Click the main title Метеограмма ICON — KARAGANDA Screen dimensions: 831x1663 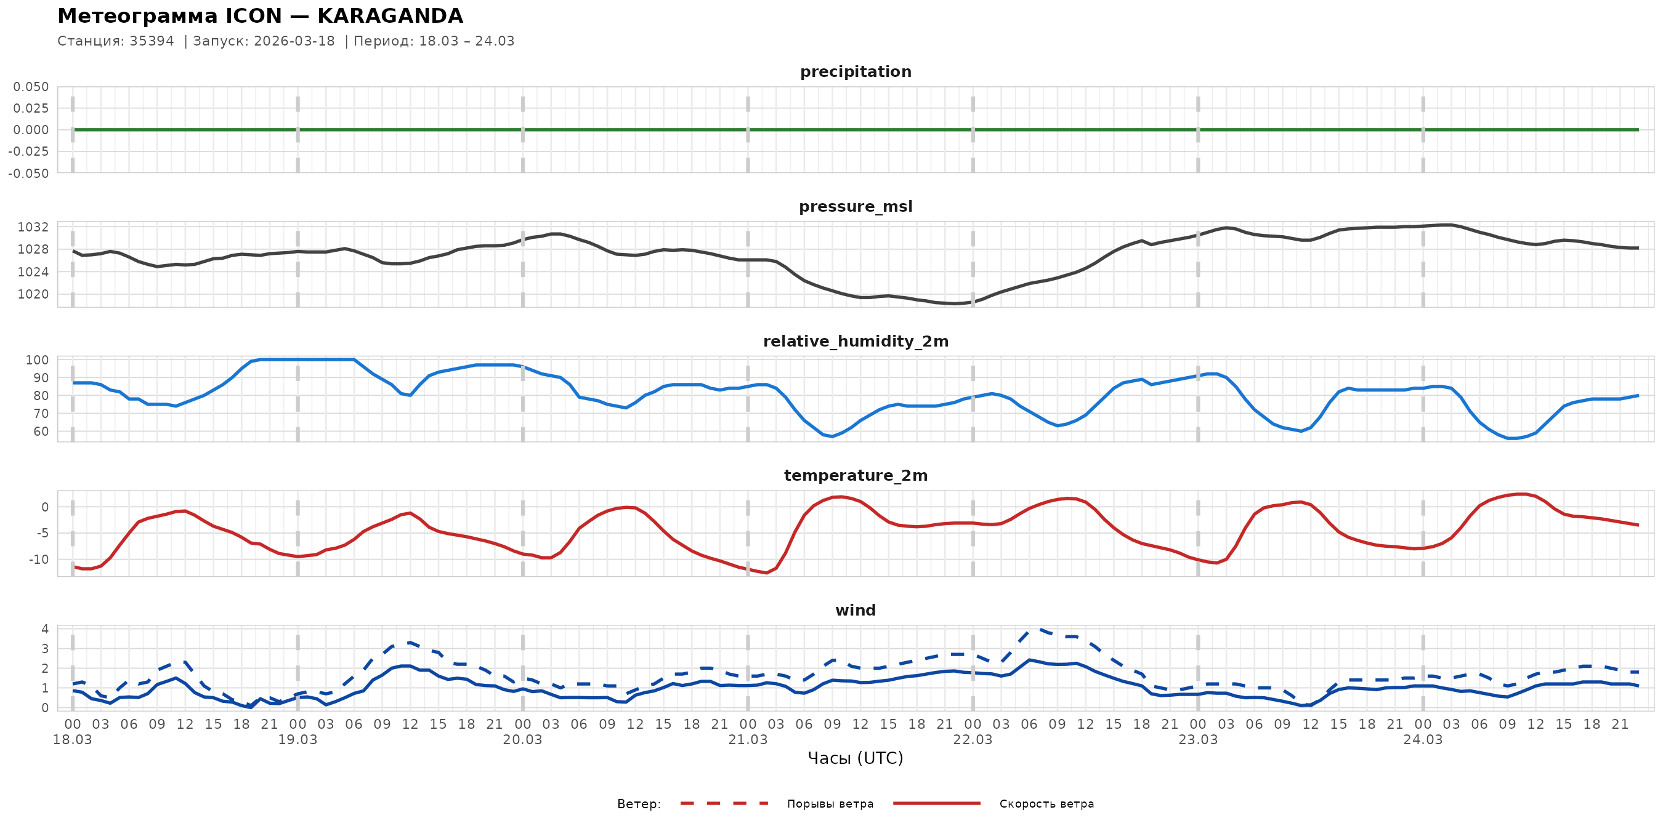pyautogui.click(x=260, y=16)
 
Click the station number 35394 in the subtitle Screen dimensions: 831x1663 pyautogui.click(x=152, y=41)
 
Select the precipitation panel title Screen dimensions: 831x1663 pyautogui.click(x=856, y=71)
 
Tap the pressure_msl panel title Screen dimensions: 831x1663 pyautogui.click(x=856, y=206)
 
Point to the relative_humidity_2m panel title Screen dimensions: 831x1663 pyautogui.click(x=856, y=341)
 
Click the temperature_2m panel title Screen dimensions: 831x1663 pyautogui.click(x=856, y=475)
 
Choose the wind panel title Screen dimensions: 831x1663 pyautogui.click(x=856, y=611)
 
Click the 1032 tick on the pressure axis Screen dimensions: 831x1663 pyautogui.click(x=33, y=227)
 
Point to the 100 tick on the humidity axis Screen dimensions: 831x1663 pyautogui.click(x=37, y=360)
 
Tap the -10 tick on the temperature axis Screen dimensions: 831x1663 pyautogui.click(x=38, y=560)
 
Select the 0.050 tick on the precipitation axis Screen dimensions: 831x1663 pyautogui.click(x=31, y=86)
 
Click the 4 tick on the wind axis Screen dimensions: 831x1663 pyautogui.click(x=44, y=629)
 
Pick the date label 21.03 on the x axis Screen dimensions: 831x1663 pyautogui.click(x=748, y=739)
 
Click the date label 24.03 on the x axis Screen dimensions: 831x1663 pyautogui.click(x=1423, y=739)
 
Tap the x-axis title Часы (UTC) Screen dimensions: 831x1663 pyautogui.click(x=856, y=758)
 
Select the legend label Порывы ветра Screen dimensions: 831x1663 pyautogui.click(x=830, y=804)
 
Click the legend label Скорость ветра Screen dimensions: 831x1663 pyautogui.click(x=1046, y=804)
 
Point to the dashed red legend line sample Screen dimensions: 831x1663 pyautogui.click(x=724, y=804)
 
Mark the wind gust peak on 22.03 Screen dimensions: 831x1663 pyautogui.click(x=1038, y=628)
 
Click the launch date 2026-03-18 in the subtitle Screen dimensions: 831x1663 pyautogui.click(x=294, y=41)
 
